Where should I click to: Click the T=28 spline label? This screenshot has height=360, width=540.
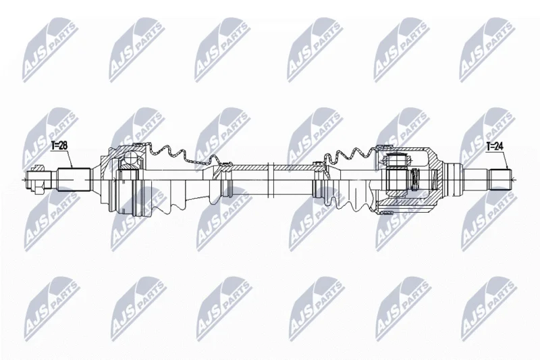point(59,145)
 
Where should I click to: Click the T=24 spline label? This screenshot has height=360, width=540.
point(495,147)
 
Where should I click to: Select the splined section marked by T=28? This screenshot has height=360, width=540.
point(74,180)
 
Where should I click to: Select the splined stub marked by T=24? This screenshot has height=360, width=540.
point(500,180)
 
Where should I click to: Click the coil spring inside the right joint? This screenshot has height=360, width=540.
point(416,180)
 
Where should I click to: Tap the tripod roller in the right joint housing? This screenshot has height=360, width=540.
point(397,159)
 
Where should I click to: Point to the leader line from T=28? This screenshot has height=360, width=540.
point(70,159)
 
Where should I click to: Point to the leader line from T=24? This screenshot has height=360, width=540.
point(505,160)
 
